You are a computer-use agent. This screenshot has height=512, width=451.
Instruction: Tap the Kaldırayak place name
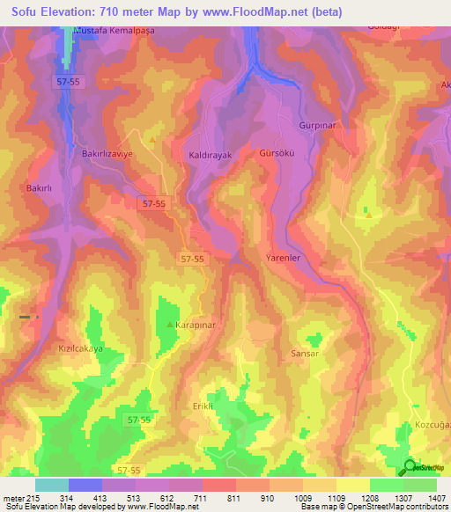(211, 155)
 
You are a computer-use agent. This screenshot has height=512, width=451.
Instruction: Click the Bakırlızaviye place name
(107, 152)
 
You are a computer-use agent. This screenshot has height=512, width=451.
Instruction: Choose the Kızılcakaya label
(80, 348)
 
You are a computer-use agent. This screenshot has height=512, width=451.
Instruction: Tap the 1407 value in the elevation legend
(436, 499)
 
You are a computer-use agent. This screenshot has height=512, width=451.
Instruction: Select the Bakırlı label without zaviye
(41, 188)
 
